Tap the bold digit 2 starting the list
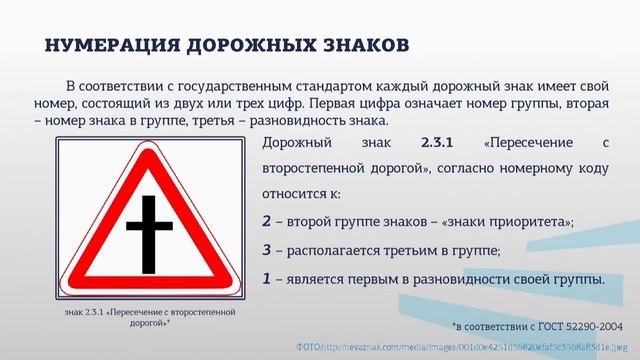(267, 222)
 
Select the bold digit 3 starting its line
(267, 250)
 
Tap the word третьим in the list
(404, 250)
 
